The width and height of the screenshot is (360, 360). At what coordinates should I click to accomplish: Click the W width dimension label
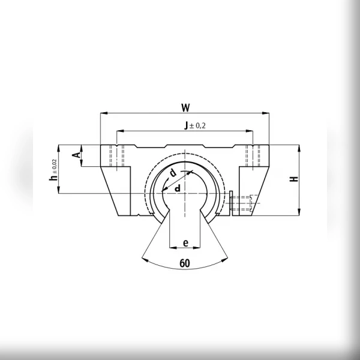pyautogui.click(x=185, y=107)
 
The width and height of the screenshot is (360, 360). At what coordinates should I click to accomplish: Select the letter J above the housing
pyautogui.click(x=186, y=125)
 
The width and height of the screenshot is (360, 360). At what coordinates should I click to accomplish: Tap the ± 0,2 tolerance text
pyautogui.click(x=197, y=125)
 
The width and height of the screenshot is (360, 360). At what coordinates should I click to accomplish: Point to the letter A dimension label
pyautogui.click(x=77, y=155)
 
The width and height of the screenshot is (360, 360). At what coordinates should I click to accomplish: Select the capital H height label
pyautogui.click(x=294, y=179)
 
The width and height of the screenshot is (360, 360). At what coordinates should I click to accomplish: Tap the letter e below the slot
pyautogui.click(x=186, y=242)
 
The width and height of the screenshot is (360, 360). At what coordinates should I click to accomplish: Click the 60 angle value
pyautogui.click(x=185, y=263)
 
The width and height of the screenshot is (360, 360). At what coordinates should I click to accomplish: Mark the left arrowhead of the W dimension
pyautogui.click(x=104, y=113)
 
